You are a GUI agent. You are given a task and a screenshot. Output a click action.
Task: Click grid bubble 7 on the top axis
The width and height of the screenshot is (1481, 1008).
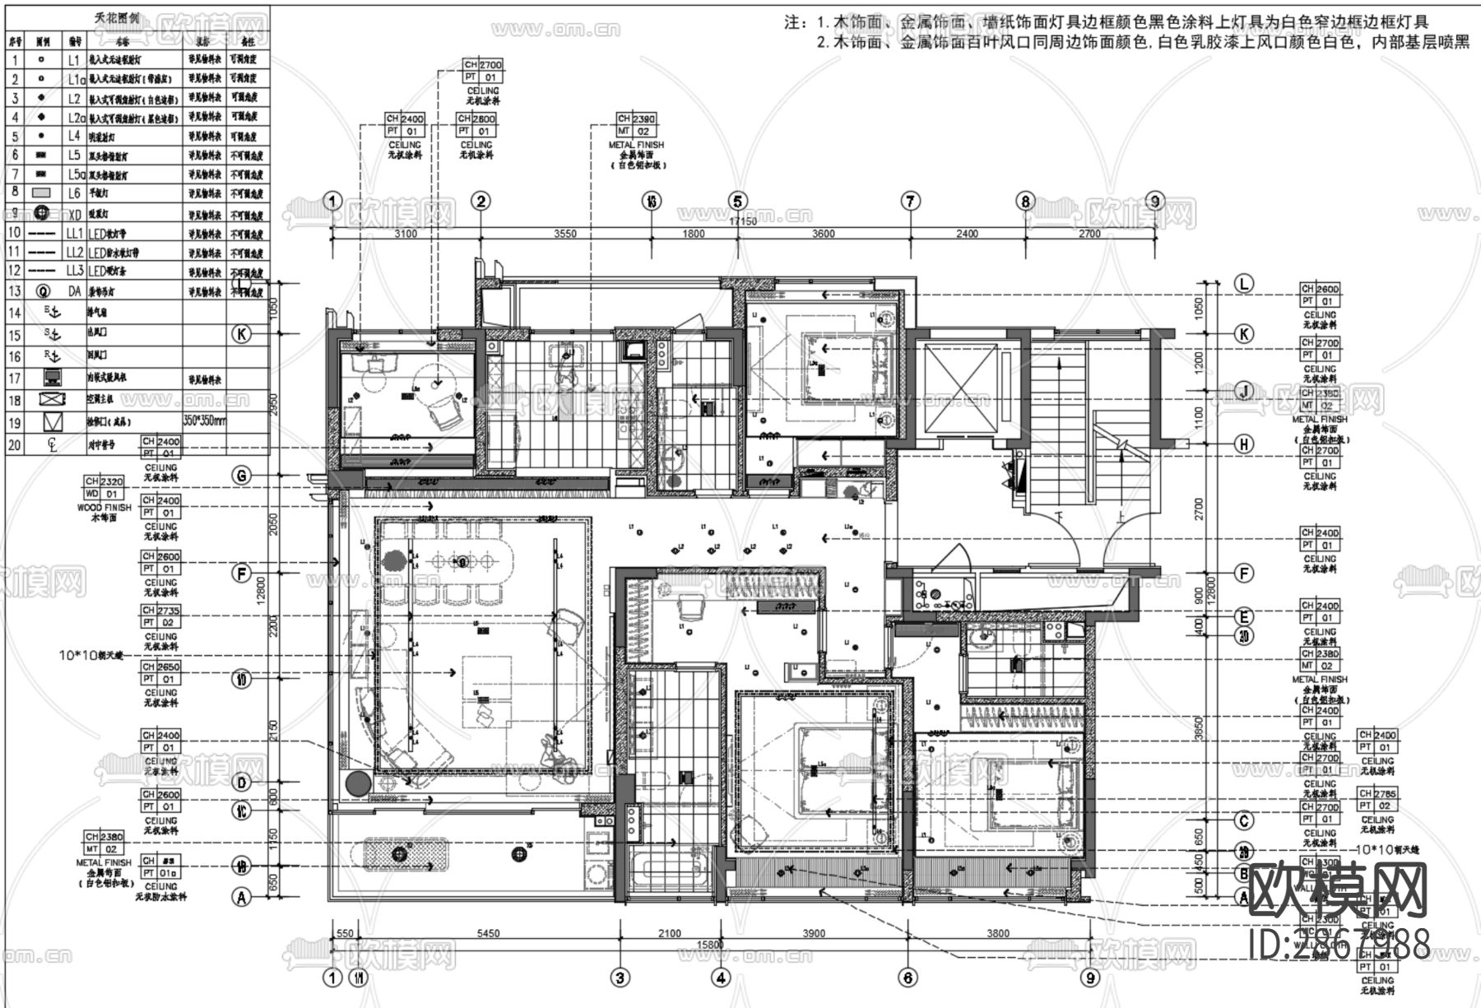pyautogui.click(x=910, y=202)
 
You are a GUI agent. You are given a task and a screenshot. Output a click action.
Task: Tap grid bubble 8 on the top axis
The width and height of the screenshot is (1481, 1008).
pyautogui.click(x=1024, y=202)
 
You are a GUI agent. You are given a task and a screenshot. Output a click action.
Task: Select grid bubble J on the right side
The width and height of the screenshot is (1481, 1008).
pyautogui.click(x=1244, y=390)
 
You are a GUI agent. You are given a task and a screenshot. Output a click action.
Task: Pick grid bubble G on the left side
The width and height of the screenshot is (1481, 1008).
pyautogui.click(x=241, y=476)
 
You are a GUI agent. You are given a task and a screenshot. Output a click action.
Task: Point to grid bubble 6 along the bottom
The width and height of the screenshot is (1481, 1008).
pyautogui.click(x=908, y=978)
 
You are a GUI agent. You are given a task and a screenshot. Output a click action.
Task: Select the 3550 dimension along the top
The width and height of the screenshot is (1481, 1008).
pyautogui.click(x=564, y=234)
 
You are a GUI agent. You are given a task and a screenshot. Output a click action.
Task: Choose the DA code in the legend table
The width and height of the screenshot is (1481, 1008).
pyautogui.click(x=75, y=291)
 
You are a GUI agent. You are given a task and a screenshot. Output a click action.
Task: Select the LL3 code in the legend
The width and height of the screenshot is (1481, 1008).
pyautogui.click(x=75, y=271)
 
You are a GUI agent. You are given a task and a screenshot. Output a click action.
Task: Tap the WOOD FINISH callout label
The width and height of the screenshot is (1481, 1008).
pyautogui.click(x=104, y=508)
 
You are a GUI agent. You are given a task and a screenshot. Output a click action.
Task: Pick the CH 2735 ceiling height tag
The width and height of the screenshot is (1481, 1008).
pyautogui.click(x=160, y=611)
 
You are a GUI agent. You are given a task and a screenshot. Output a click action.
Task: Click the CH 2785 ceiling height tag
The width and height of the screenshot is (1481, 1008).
pyautogui.click(x=1377, y=794)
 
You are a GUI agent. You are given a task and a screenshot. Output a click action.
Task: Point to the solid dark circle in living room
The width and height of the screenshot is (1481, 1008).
pyautogui.click(x=359, y=783)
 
